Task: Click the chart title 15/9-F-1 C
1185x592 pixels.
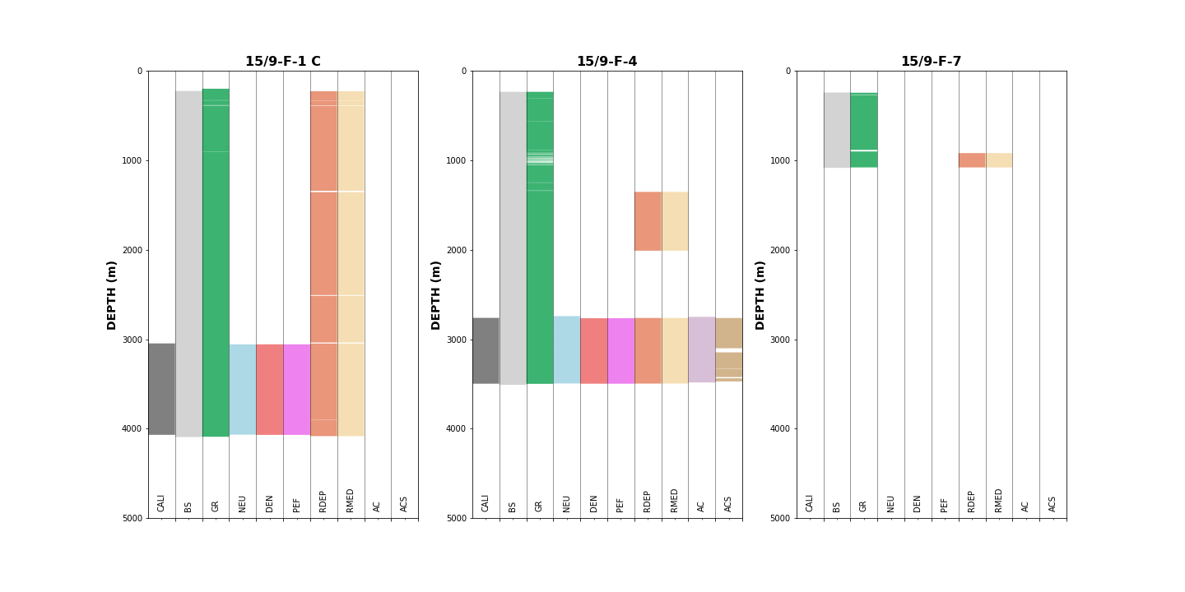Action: (282, 62)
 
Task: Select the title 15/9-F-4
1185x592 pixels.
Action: (606, 62)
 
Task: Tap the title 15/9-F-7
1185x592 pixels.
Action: (931, 62)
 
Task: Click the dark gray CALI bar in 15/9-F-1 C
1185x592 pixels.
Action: (161, 389)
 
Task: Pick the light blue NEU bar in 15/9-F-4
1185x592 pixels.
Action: (566, 349)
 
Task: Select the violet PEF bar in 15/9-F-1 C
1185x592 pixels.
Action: (296, 389)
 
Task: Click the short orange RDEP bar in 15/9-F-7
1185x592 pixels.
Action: (971, 160)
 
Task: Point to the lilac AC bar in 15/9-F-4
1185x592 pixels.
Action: (701, 349)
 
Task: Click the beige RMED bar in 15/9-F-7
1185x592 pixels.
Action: (998, 160)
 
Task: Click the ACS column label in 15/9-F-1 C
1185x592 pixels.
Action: (404, 503)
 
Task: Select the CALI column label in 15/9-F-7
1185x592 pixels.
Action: (810, 502)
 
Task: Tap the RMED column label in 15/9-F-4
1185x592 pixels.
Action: (675, 500)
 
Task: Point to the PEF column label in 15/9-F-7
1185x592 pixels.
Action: (945, 504)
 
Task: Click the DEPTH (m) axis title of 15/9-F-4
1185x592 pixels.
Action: (436, 294)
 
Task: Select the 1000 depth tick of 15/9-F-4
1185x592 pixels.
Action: (456, 160)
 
